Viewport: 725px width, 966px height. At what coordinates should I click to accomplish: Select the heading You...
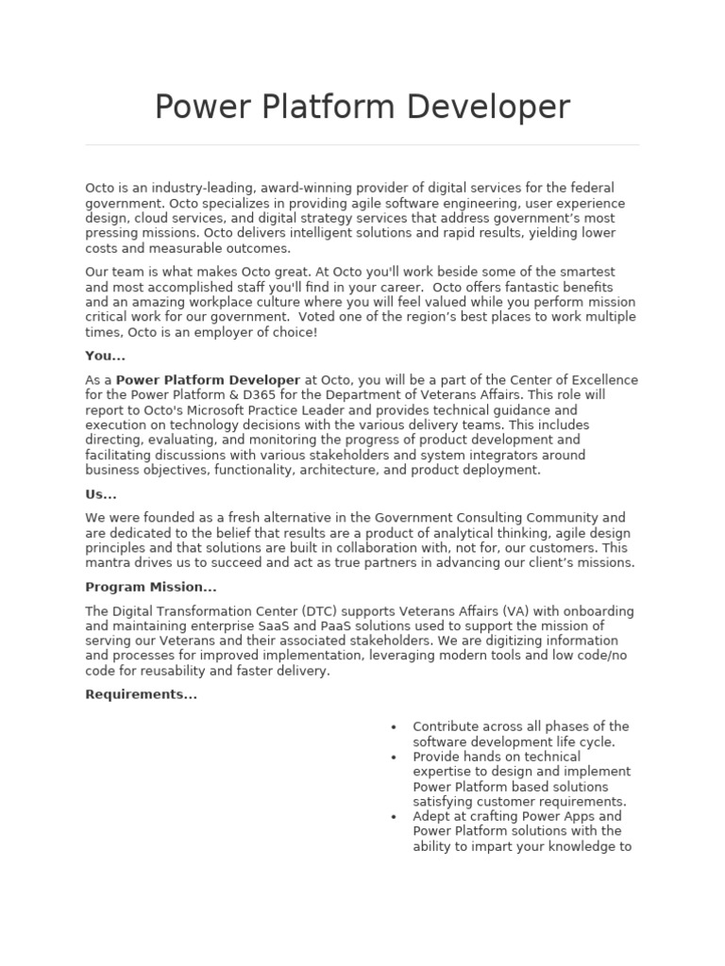[x=105, y=357]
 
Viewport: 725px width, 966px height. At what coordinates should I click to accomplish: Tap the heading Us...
[x=100, y=494]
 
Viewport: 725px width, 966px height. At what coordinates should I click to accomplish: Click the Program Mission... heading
[x=151, y=587]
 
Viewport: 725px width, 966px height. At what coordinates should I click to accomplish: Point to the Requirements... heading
[x=141, y=694]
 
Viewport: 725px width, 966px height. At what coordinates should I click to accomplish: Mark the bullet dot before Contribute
[x=393, y=727]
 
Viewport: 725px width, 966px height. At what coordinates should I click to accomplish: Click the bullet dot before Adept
[x=393, y=817]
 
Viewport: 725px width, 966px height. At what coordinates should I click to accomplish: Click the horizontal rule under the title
[x=362, y=145]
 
